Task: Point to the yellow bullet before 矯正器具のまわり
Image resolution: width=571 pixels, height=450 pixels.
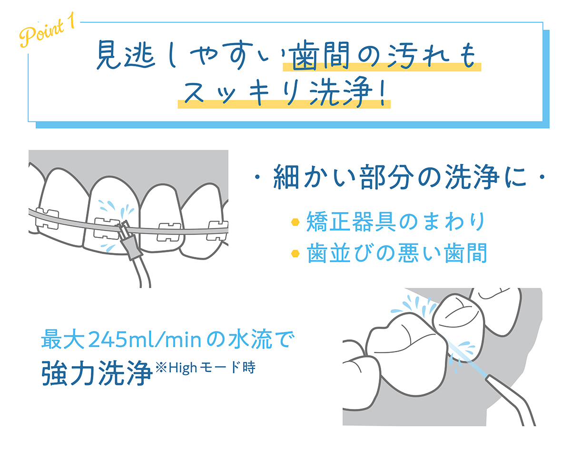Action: [x=295, y=222]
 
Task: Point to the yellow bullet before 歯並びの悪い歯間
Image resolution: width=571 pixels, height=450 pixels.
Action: [x=295, y=253]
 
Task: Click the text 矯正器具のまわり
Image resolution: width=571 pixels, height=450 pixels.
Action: [x=394, y=222]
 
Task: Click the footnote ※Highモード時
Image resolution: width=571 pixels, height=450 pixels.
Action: [x=206, y=368]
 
